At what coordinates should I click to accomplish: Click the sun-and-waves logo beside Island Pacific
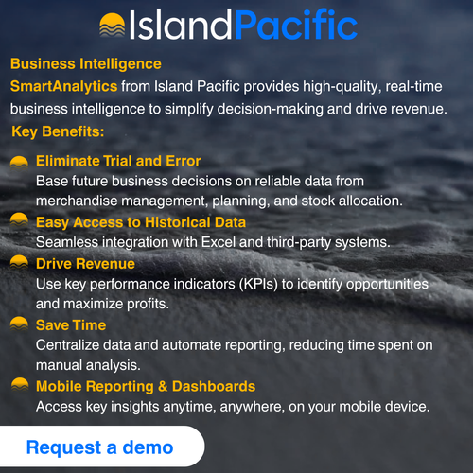point(113,26)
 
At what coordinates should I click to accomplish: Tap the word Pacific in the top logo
point(295,25)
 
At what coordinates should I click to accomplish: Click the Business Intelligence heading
point(85,64)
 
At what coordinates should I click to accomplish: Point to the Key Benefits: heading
point(59,130)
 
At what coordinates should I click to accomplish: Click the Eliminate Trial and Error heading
point(118,161)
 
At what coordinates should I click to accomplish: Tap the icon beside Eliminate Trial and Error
point(19,162)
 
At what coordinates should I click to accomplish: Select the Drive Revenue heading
point(85,263)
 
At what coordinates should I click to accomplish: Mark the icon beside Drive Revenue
point(19,264)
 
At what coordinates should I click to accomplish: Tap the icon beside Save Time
point(19,325)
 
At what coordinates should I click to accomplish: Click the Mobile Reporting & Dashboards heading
point(146,386)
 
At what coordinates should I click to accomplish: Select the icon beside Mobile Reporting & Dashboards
point(19,386)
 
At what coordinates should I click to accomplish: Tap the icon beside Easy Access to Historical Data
point(19,223)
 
